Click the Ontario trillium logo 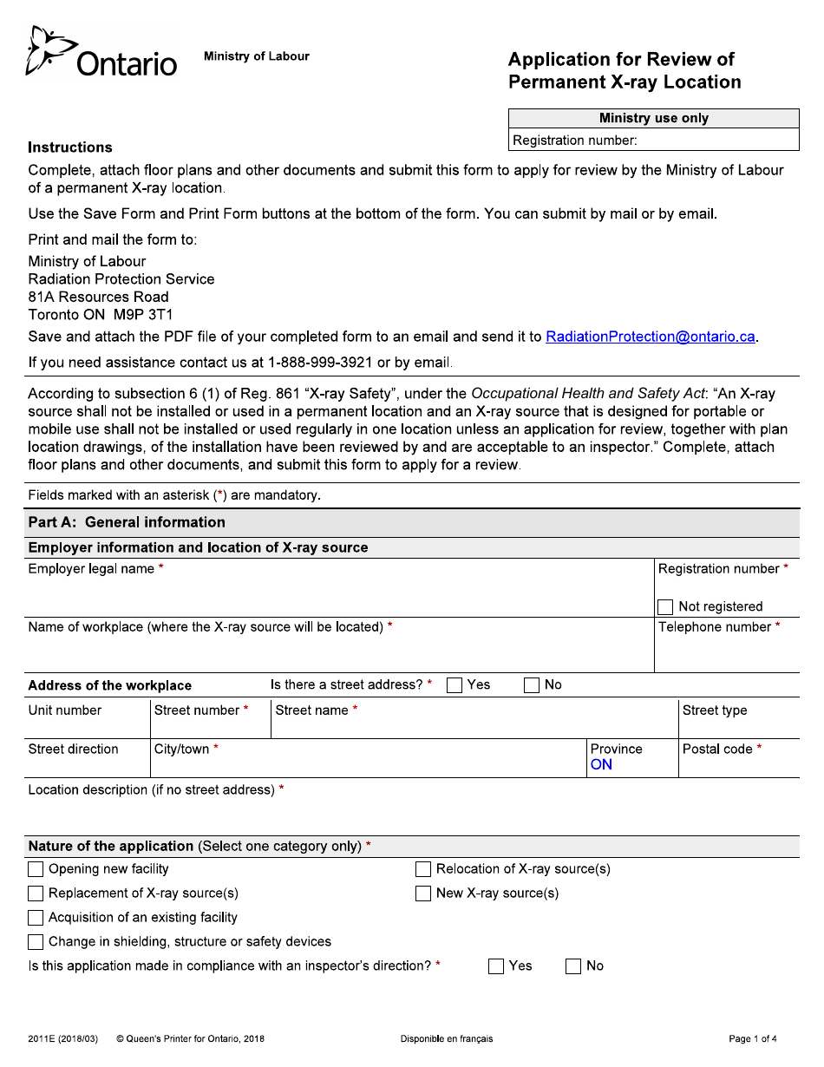tap(48, 50)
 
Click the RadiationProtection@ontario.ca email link tap(651, 337)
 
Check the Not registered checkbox tap(665, 607)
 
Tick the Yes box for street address tap(455, 685)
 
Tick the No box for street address tap(532, 685)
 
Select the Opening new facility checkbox tap(36, 869)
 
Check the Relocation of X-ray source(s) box tap(423, 869)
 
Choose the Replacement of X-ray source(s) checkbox tap(36, 894)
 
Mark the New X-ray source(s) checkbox tap(423, 894)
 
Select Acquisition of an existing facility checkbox tap(36, 918)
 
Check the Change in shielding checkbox tap(36, 942)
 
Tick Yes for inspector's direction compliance tap(496, 966)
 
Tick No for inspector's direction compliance tap(573, 966)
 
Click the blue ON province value tap(601, 765)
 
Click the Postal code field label tap(717, 750)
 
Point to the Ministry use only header tap(653, 118)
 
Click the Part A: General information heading tap(127, 522)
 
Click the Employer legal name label tap(91, 569)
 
